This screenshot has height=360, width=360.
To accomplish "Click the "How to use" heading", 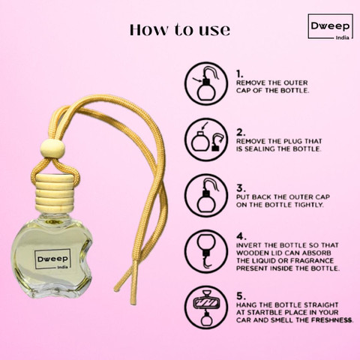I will tap(180, 31).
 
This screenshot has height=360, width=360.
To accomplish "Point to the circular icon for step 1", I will tap(203, 83).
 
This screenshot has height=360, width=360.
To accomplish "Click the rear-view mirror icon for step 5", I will tap(203, 309).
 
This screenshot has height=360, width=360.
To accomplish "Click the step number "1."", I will tap(240, 74).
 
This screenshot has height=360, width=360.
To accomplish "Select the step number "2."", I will tap(240, 130).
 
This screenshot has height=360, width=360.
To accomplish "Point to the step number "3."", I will tap(240, 187).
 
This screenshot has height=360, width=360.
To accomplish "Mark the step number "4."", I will tap(240, 235).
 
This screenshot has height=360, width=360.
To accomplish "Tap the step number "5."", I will tap(240, 295).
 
